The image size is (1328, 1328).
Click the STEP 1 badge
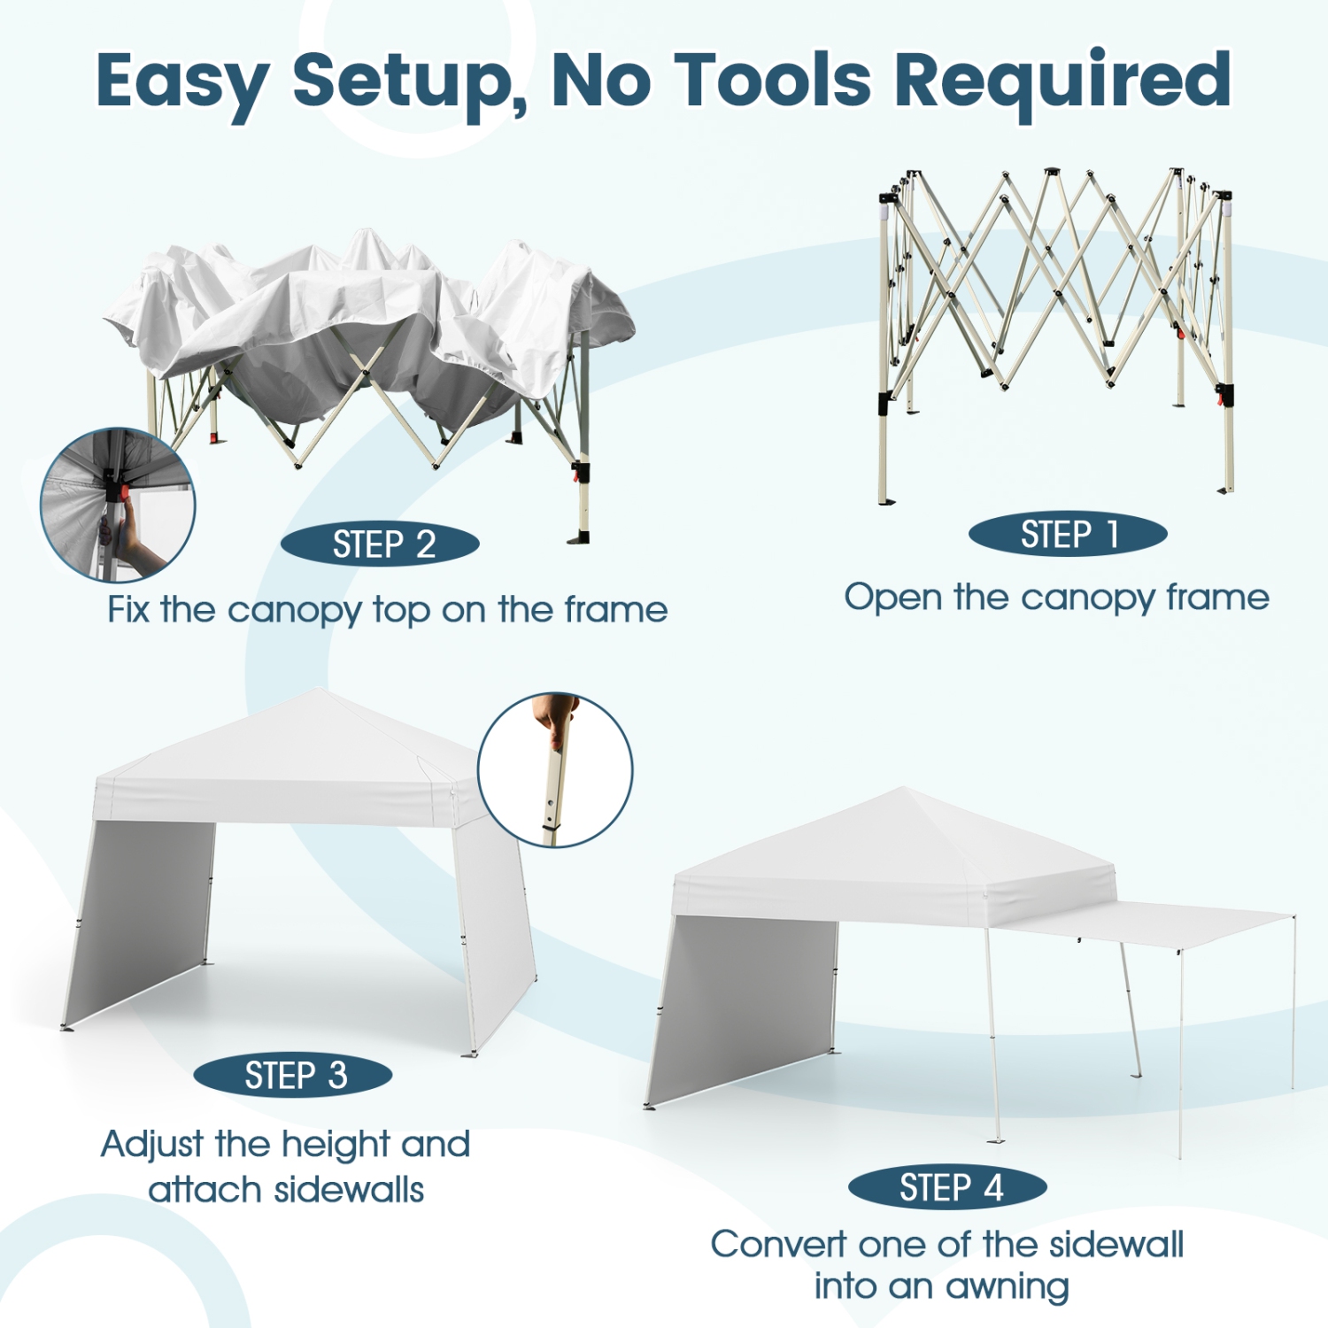click(x=1068, y=535)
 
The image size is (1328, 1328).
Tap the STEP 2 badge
click(x=381, y=544)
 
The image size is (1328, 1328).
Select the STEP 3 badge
click(x=293, y=1076)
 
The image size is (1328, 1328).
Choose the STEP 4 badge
click(x=947, y=1187)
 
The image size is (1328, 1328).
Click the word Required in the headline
click(x=1062, y=81)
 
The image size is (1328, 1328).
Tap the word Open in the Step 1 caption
click(x=892, y=598)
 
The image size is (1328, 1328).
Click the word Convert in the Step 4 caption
click(x=777, y=1245)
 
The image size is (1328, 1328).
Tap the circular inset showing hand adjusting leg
click(x=555, y=770)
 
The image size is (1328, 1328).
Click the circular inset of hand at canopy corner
click(x=118, y=506)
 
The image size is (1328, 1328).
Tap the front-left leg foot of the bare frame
click(x=886, y=501)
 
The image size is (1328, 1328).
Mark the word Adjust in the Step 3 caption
click(x=151, y=1145)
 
